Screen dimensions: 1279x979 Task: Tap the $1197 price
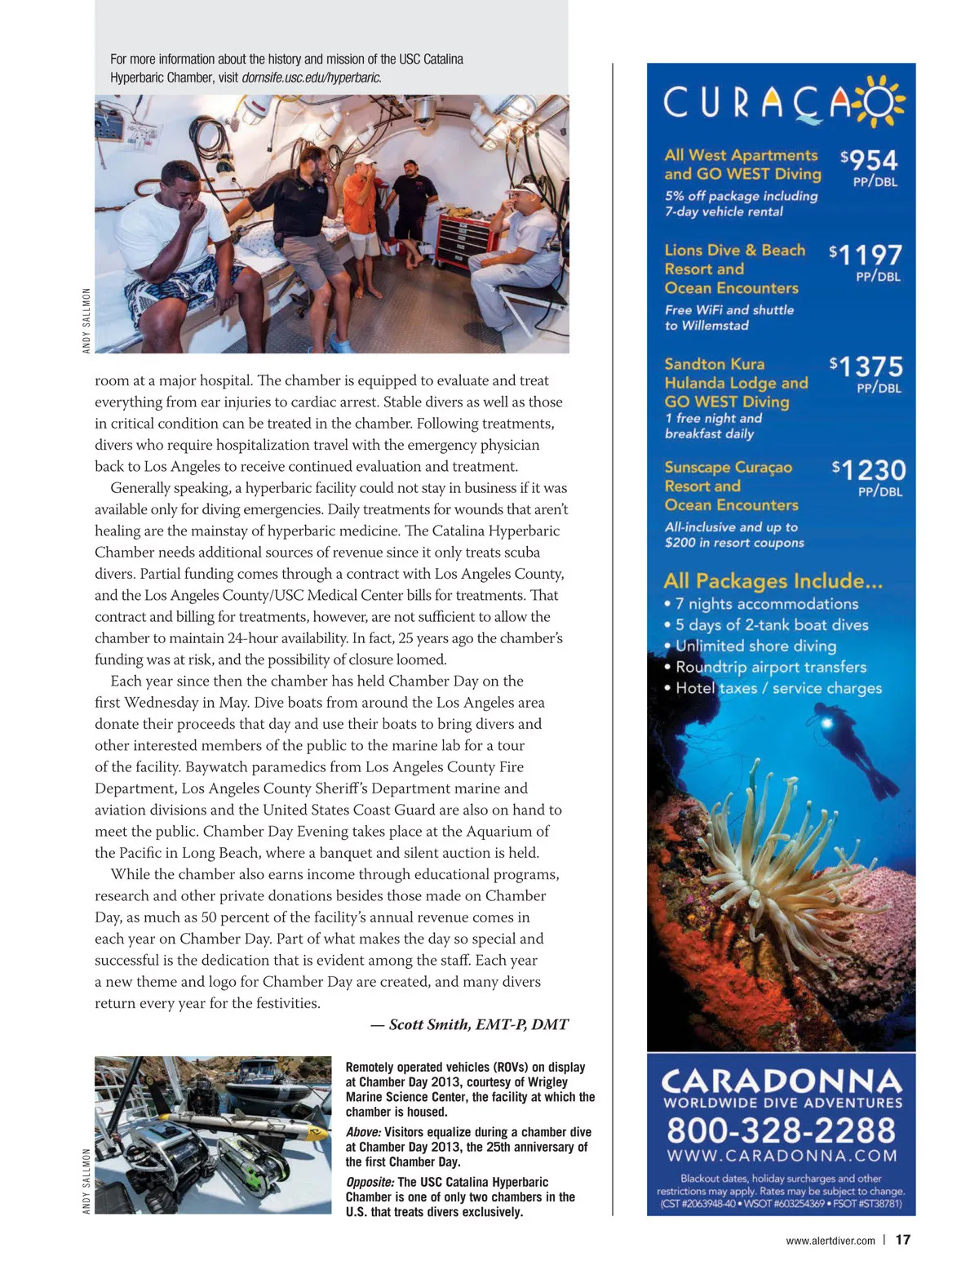coord(866,256)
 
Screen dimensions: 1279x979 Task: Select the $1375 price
coord(867,367)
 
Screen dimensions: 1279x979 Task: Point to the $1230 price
coord(870,471)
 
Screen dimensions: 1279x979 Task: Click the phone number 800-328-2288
coord(781,1130)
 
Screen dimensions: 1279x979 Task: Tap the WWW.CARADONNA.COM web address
coord(781,1156)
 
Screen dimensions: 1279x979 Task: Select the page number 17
coord(902,1240)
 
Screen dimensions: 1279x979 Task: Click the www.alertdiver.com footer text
coord(830,1241)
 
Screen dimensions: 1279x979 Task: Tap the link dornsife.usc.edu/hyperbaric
coord(312,78)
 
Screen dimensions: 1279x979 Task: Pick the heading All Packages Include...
coord(773,581)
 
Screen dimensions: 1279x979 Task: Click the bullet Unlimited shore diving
coord(755,646)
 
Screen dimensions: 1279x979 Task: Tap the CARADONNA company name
coord(781,1081)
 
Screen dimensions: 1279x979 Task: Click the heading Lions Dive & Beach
coord(734,251)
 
